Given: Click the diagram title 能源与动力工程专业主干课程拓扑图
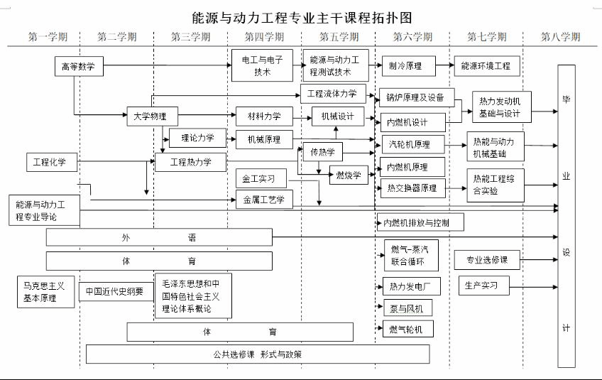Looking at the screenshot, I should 302,16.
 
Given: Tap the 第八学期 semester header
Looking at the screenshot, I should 560,37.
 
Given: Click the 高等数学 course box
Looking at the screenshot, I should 79,67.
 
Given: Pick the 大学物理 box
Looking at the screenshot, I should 152,116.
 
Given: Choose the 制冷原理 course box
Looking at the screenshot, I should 405,66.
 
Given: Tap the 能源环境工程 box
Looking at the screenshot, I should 486,66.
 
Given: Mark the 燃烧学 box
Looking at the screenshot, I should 348,175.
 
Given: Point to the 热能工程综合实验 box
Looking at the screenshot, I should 495,185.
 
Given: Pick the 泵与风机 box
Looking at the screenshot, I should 406,308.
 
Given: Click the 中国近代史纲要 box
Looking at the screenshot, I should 115,291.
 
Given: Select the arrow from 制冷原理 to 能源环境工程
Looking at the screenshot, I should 444,66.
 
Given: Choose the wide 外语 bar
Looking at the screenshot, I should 159,237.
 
